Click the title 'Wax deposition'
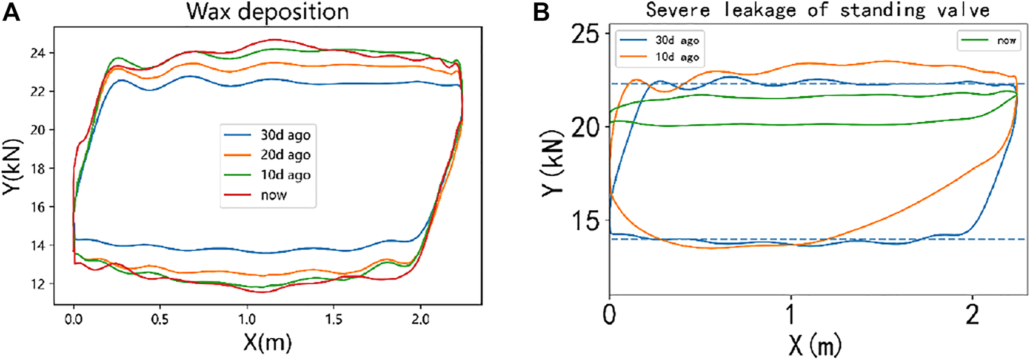click(x=267, y=12)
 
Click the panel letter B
click(x=541, y=12)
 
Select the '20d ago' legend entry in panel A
click(x=285, y=155)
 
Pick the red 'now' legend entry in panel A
click(x=273, y=195)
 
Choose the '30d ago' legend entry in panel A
click(x=285, y=135)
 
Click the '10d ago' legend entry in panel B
click(x=677, y=57)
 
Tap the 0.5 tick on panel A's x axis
click(x=160, y=320)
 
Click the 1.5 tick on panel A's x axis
click(x=333, y=320)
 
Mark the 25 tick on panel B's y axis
click(x=584, y=33)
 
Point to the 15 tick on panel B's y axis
click(x=584, y=221)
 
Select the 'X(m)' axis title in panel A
click(x=267, y=343)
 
